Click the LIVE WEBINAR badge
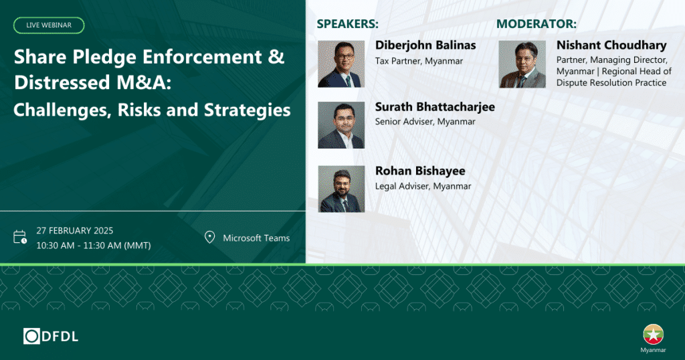[49, 25]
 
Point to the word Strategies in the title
[248, 110]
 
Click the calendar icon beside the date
[19, 237]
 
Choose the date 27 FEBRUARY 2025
[75, 231]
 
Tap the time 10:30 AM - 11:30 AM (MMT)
[94, 246]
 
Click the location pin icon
[209, 238]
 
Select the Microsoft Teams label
[256, 238]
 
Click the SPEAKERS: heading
[348, 24]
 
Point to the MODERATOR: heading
[536, 24]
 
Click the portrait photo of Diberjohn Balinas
[341, 64]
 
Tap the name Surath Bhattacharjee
[435, 107]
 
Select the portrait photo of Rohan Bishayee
[341, 189]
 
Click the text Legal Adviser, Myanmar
[423, 187]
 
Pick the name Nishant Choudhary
[611, 45]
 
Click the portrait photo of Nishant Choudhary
[522, 64]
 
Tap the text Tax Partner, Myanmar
[419, 61]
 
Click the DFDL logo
[51, 337]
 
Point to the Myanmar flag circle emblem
[653, 335]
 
